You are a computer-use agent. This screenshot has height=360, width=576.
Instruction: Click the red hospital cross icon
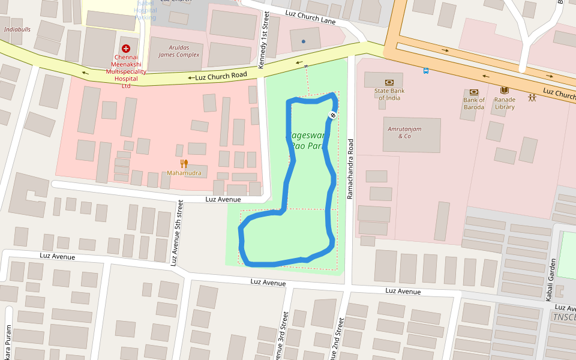pyautogui.click(x=126, y=48)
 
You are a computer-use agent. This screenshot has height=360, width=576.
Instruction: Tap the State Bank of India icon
pyautogui.click(x=389, y=82)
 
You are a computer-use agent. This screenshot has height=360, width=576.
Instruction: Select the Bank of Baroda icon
pyautogui.click(x=474, y=92)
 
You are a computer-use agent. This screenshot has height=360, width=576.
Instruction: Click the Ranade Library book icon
pyautogui.click(x=505, y=91)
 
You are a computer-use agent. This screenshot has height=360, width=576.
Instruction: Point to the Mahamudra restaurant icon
pyautogui.click(x=184, y=163)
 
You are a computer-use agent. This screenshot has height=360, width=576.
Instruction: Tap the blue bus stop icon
pyautogui.click(x=426, y=71)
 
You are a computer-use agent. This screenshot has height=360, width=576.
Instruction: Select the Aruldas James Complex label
pyautogui.click(x=179, y=51)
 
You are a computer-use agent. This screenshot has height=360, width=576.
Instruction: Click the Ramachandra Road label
pyautogui.click(x=350, y=169)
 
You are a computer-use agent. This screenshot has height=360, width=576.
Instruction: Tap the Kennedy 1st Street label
pyautogui.click(x=262, y=40)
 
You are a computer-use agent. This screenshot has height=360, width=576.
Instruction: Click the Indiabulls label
pyautogui.click(x=17, y=29)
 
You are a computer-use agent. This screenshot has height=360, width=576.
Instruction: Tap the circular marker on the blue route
pyautogui.click(x=332, y=115)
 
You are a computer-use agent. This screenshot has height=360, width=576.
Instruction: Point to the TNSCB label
pyautogui.click(x=564, y=317)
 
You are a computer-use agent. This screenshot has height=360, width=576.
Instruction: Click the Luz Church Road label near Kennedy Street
pyautogui.click(x=217, y=77)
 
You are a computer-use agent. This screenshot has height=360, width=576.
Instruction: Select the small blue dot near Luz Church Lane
pyautogui.click(x=304, y=41)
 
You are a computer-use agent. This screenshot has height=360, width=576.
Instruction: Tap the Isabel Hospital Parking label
pyautogui.click(x=145, y=10)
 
